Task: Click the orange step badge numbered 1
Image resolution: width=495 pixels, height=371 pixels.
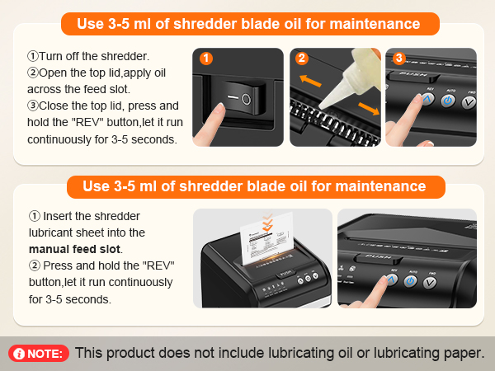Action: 206,59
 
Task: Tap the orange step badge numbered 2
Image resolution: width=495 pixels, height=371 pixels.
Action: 302,59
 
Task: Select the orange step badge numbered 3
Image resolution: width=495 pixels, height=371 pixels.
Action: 399,59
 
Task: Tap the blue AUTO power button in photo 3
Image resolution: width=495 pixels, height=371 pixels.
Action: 448,101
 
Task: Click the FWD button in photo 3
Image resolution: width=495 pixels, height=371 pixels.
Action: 468,102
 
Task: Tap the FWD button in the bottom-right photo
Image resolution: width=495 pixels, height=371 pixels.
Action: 430,284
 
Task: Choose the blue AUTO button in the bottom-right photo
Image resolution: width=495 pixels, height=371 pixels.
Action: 410,281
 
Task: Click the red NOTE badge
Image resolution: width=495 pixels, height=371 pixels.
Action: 39,354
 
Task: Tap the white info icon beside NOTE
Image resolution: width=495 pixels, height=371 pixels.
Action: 19,354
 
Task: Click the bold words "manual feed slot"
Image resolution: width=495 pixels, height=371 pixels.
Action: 75,248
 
